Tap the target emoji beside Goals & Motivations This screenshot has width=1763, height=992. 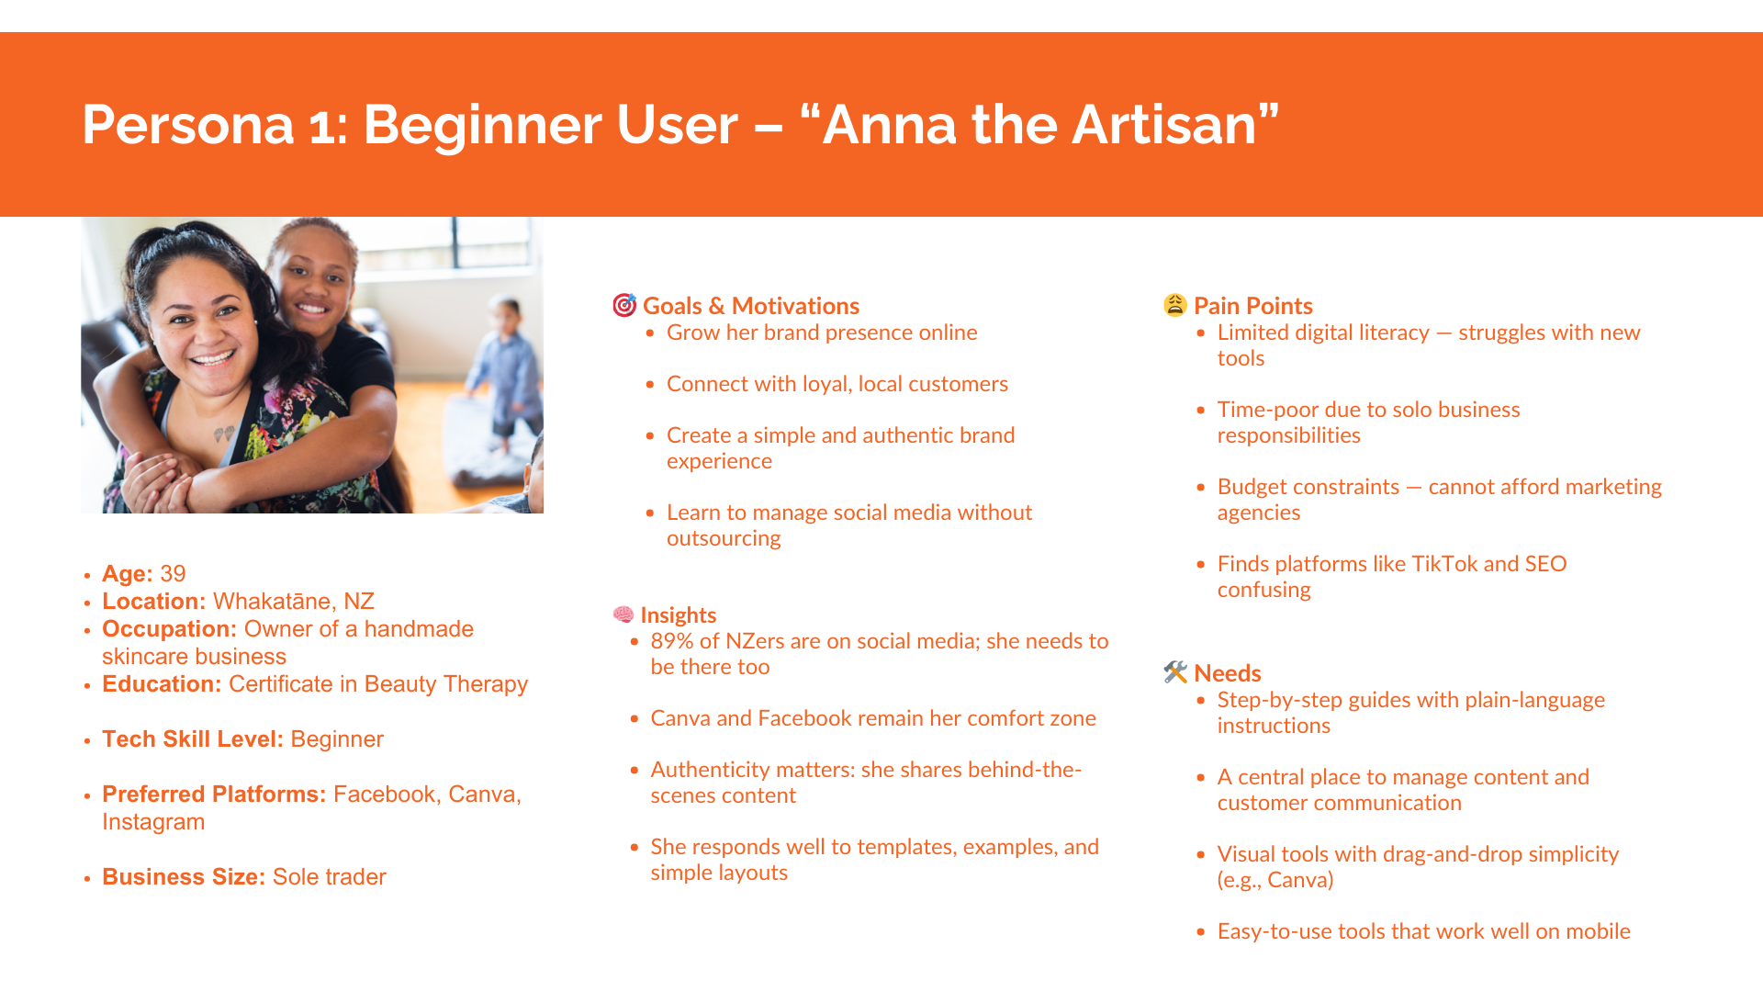(x=624, y=305)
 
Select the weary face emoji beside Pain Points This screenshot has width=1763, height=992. (x=1175, y=305)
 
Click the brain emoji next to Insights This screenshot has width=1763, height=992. (x=623, y=614)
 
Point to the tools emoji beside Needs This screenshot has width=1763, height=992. (x=1175, y=672)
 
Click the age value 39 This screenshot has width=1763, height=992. (x=173, y=574)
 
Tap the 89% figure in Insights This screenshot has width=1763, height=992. (x=672, y=641)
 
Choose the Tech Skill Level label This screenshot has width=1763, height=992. (x=193, y=739)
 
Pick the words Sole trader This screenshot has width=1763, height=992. (x=330, y=877)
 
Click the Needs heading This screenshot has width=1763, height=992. (x=1228, y=673)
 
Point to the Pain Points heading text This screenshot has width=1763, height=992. (x=1253, y=306)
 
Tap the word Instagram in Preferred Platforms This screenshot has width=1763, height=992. (x=153, y=822)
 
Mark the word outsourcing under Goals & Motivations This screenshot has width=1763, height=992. (x=724, y=538)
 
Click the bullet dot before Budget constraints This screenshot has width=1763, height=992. (x=1201, y=488)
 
